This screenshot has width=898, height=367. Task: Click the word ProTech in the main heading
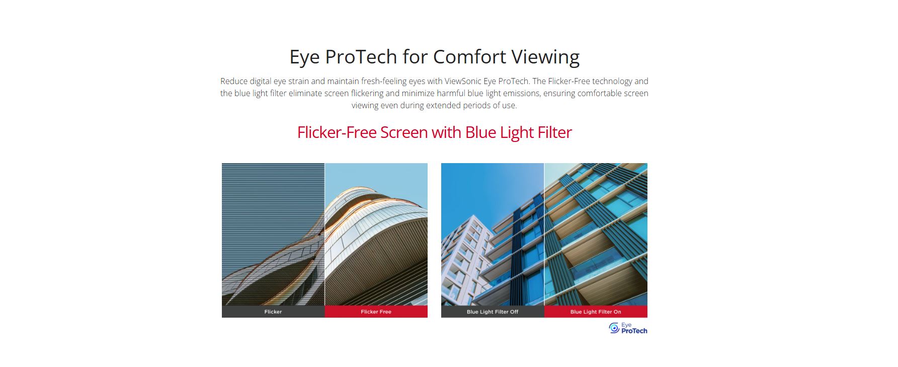click(361, 56)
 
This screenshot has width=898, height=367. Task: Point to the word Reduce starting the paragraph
click(233, 81)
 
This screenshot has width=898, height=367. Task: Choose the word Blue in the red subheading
click(480, 132)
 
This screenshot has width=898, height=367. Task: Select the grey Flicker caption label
click(273, 312)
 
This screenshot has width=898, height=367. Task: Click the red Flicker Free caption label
click(376, 312)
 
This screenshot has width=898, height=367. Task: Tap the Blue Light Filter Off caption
click(493, 312)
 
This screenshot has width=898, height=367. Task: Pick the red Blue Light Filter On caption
click(596, 312)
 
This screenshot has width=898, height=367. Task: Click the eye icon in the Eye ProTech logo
click(614, 328)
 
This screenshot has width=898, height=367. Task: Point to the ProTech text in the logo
click(634, 331)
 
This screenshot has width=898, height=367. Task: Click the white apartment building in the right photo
click(466, 257)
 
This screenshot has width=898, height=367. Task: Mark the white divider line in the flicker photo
click(324, 234)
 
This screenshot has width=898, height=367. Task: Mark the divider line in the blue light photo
click(544, 234)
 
